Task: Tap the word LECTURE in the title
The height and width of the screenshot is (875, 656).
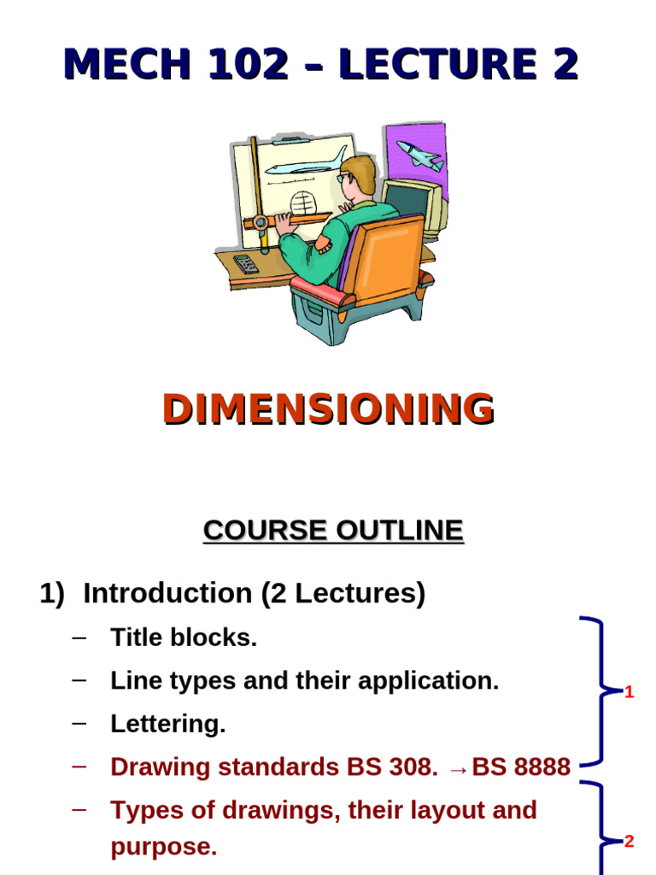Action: tap(436, 65)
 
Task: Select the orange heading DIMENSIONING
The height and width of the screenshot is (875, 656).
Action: tap(328, 409)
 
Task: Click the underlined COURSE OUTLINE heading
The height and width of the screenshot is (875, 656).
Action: tap(333, 531)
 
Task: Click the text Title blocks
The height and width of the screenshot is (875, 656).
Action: tap(184, 637)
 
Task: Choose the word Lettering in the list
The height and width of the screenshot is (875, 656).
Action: tap(167, 725)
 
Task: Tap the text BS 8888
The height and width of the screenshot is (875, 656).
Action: tap(521, 767)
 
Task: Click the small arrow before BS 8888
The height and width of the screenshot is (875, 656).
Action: tap(458, 769)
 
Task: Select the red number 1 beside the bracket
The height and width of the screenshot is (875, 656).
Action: tap(630, 692)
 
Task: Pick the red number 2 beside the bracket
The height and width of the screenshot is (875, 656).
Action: tap(630, 842)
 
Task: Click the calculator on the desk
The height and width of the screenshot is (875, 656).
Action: tap(246, 263)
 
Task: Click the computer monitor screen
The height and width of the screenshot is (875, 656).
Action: tap(407, 203)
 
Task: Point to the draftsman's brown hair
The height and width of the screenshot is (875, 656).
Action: tap(360, 171)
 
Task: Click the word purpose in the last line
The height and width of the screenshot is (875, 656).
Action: tap(163, 848)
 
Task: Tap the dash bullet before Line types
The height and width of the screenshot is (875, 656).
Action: tap(80, 680)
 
